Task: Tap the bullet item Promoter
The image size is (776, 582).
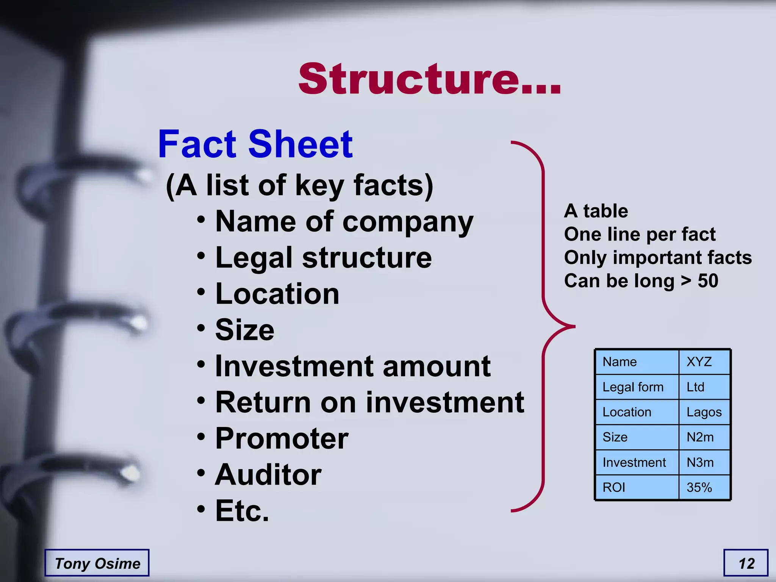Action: [x=282, y=438]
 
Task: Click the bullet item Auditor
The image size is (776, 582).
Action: [x=268, y=474]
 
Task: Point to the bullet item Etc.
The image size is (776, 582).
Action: [x=242, y=510]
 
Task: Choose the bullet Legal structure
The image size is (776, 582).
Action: [x=323, y=258]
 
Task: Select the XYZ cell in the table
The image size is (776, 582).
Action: [x=699, y=362]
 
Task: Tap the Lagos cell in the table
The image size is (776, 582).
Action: [x=704, y=412]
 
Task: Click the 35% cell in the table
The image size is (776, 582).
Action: [x=699, y=487]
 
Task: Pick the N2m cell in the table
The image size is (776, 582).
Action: [x=700, y=437]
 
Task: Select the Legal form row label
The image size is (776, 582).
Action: [x=633, y=387]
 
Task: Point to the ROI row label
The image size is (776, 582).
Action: [x=614, y=487]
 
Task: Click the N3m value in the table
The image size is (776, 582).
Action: [x=700, y=462]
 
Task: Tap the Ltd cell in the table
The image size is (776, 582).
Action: [x=695, y=387]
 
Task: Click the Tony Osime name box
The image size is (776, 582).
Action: [x=97, y=563]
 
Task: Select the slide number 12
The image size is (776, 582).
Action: [x=746, y=563]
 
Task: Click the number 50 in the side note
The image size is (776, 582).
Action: [x=708, y=281]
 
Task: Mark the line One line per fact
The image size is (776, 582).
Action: [x=640, y=234]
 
